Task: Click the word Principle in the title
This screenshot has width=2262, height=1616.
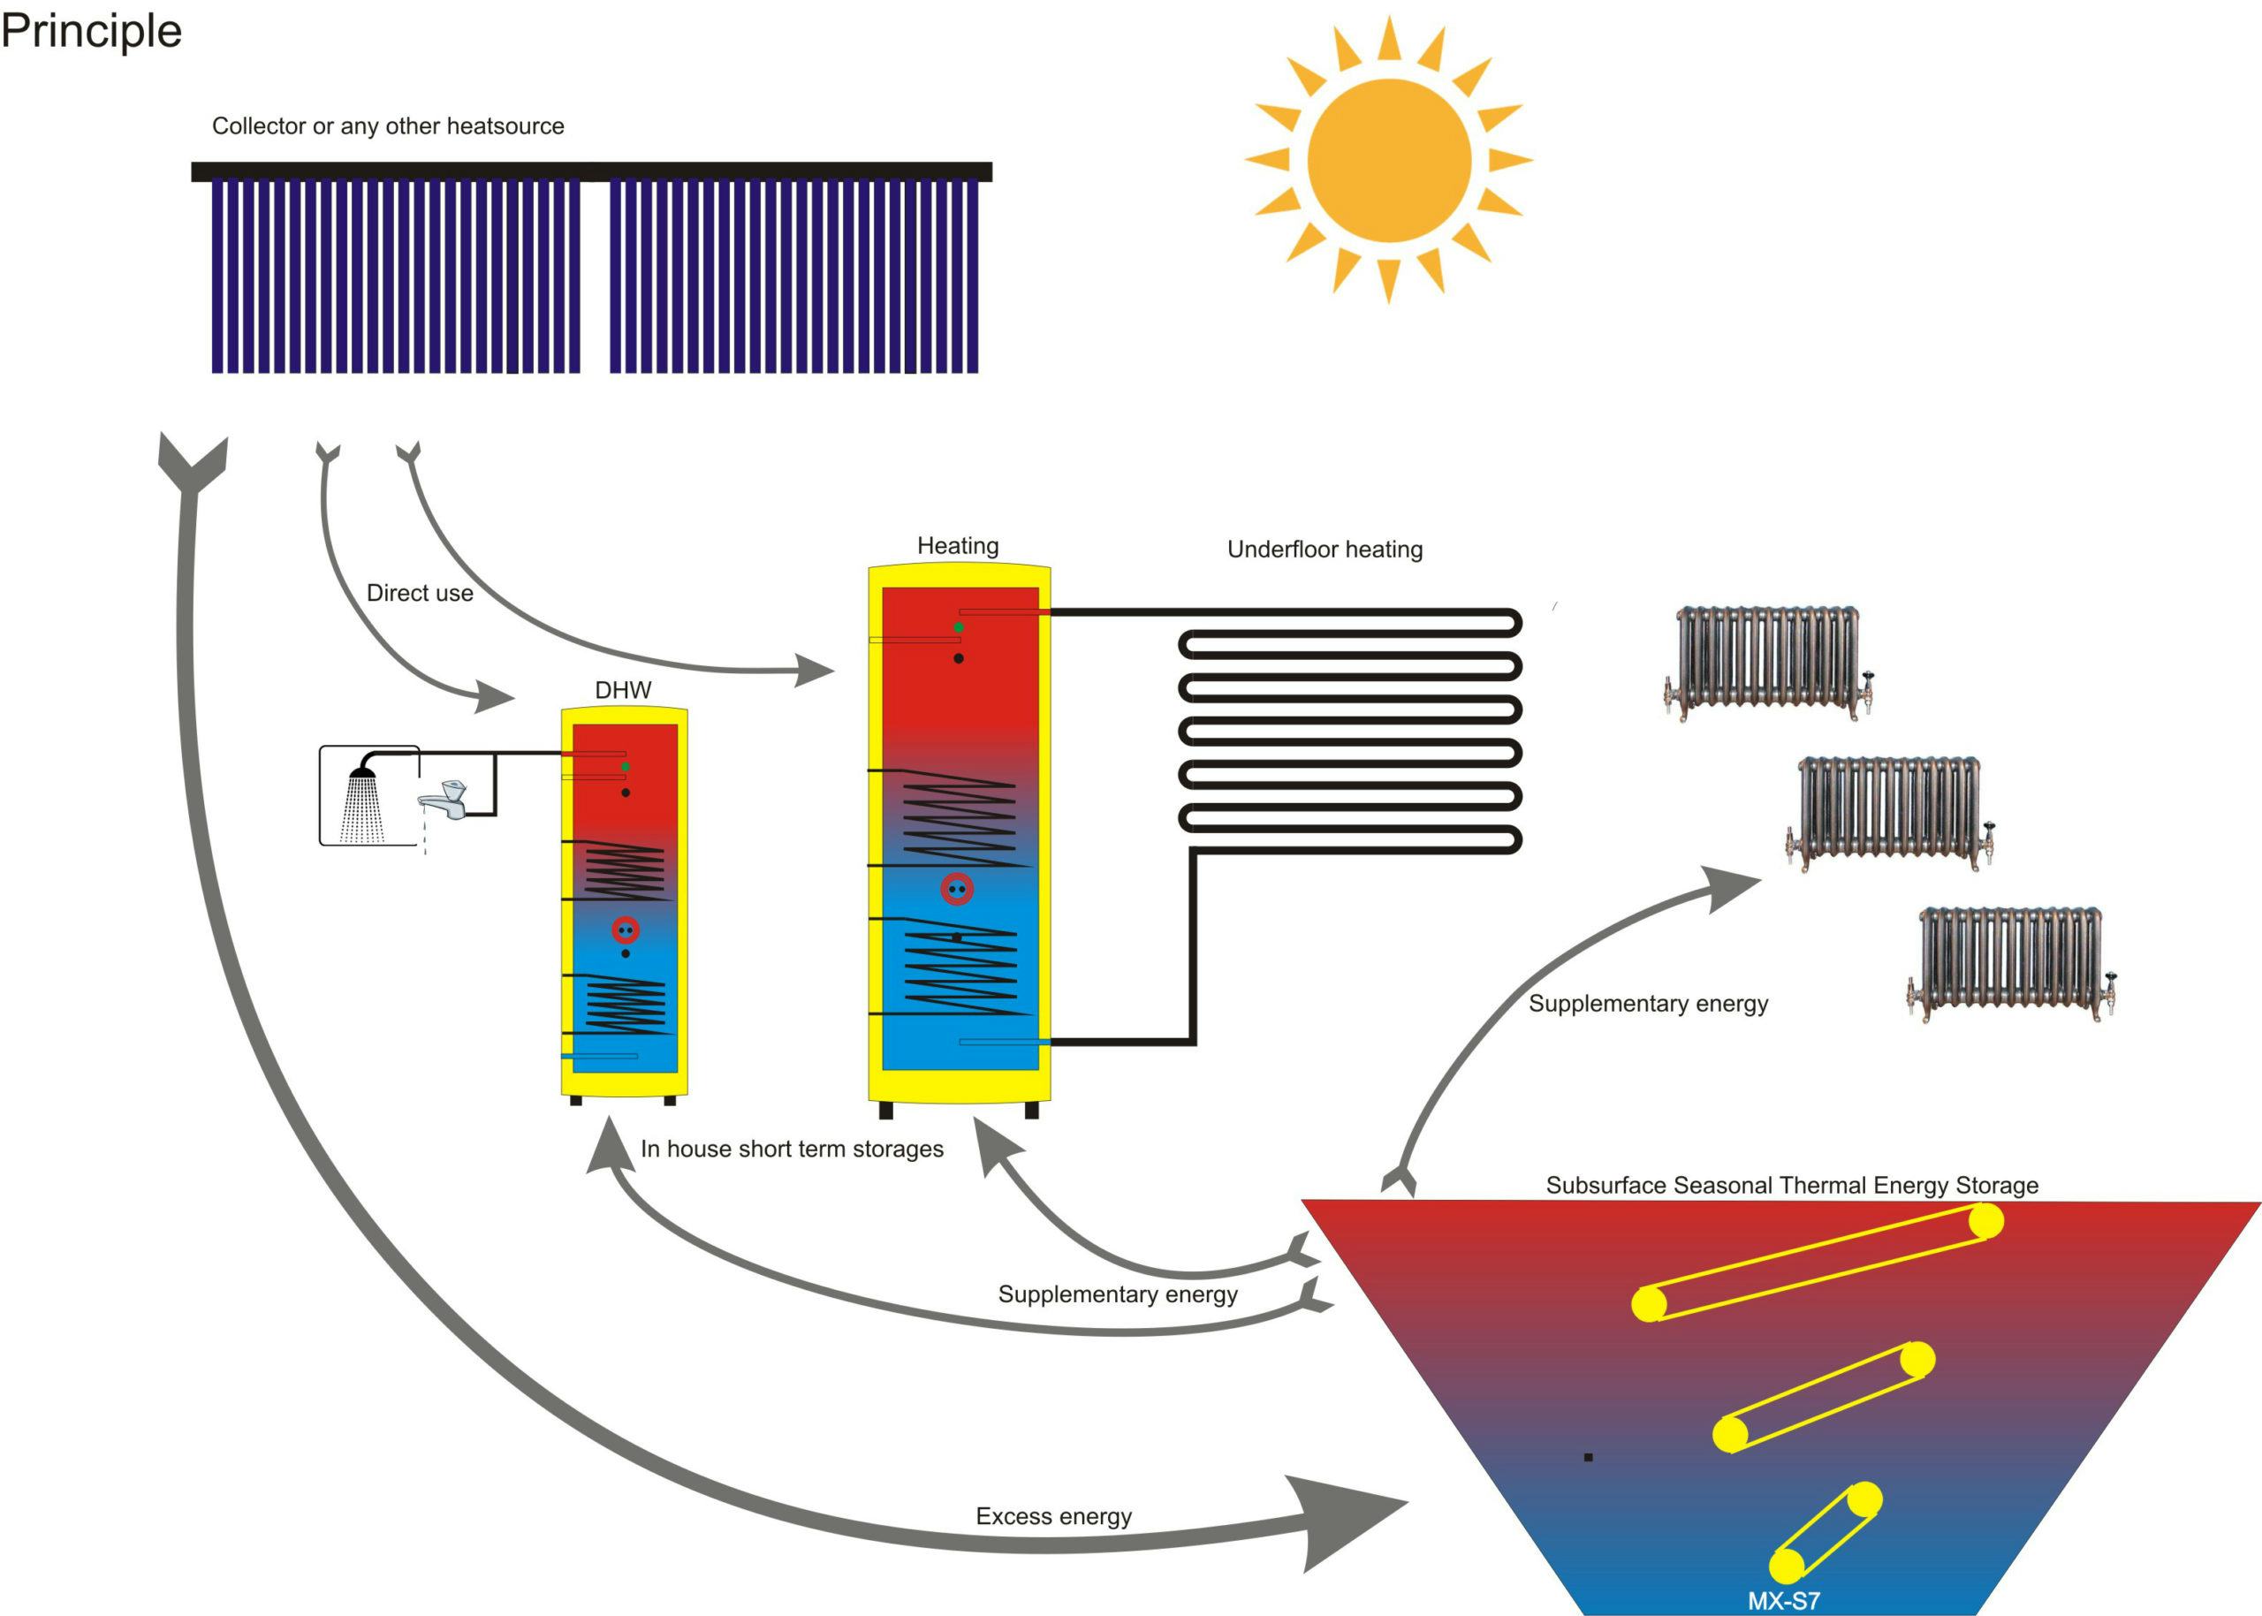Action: [x=92, y=31]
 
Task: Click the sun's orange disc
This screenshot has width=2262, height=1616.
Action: [x=1388, y=160]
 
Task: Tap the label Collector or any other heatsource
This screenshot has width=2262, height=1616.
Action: [x=388, y=126]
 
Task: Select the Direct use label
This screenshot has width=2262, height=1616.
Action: [x=419, y=593]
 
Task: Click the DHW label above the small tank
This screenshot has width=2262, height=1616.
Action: [x=623, y=689]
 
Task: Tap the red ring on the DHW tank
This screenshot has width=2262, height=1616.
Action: [x=625, y=930]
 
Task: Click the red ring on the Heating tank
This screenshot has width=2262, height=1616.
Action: [x=956, y=889]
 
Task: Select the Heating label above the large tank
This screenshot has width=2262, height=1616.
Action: [x=957, y=545]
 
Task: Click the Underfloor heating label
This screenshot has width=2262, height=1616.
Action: [x=1325, y=550]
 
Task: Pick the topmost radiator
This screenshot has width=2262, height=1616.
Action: [x=1767, y=662]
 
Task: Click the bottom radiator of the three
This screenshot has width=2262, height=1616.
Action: [x=2011, y=963]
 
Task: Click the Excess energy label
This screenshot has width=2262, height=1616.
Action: [x=1053, y=1515]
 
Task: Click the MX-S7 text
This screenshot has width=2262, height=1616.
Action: [x=1783, y=1601]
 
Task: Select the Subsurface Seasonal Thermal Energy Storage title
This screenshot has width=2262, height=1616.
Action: [x=1791, y=1185]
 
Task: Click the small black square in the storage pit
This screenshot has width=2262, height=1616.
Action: [x=1589, y=1458]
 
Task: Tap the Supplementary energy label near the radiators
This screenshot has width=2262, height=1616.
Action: [x=1648, y=1003]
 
